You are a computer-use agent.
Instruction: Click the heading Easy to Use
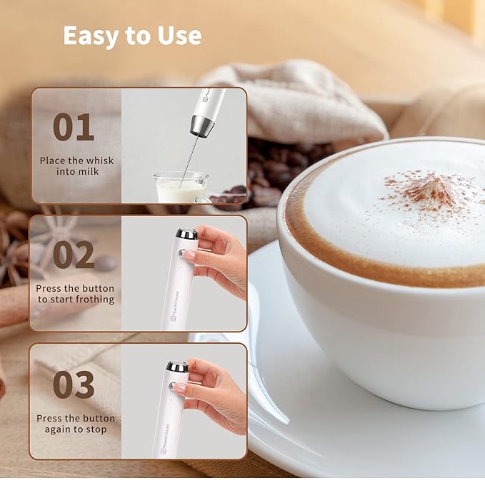[132, 36]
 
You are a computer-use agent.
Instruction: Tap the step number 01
[73, 127]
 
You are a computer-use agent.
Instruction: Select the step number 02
[73, 255]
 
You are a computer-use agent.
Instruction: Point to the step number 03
[73, 384]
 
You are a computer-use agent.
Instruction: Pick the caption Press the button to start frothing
[76, 294]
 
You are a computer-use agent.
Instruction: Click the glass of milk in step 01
[180, 188]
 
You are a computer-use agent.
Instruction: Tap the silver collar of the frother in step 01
[203, 126]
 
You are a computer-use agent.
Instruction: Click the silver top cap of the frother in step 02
[187, 233]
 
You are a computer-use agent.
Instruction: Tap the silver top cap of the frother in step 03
[178, 367]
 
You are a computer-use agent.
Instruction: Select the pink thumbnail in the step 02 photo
[189, 254]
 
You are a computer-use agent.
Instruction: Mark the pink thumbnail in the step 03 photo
[180, 388]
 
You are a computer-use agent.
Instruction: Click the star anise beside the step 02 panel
[16, 260]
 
